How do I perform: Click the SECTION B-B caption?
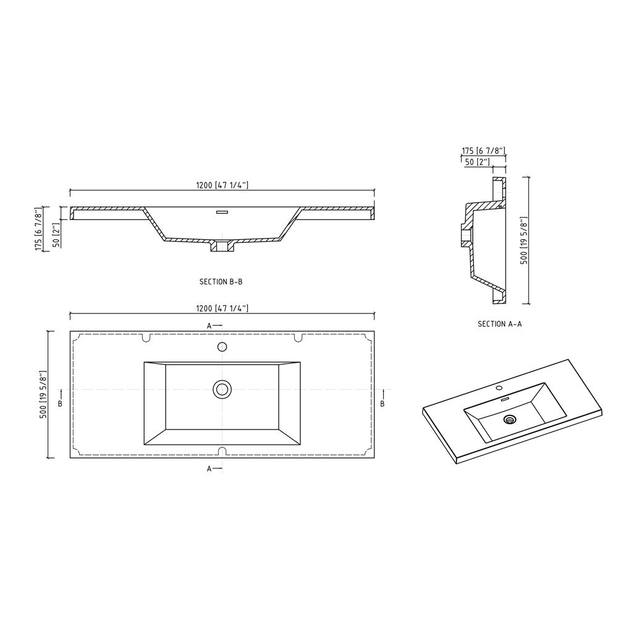[221, 282]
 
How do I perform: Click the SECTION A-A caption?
[499, 324]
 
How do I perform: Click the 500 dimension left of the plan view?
[43, 394]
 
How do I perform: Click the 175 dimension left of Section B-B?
[38, 230]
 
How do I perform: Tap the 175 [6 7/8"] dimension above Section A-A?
[483, 151]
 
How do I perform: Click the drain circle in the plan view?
[222, 389]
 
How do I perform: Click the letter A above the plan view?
[210, 325]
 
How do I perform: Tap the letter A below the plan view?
[210, 469]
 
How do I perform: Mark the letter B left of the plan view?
[60, 404]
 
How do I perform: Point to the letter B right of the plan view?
[383, 404]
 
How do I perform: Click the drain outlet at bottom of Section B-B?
[222, 247]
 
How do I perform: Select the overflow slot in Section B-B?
[222, 212]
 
